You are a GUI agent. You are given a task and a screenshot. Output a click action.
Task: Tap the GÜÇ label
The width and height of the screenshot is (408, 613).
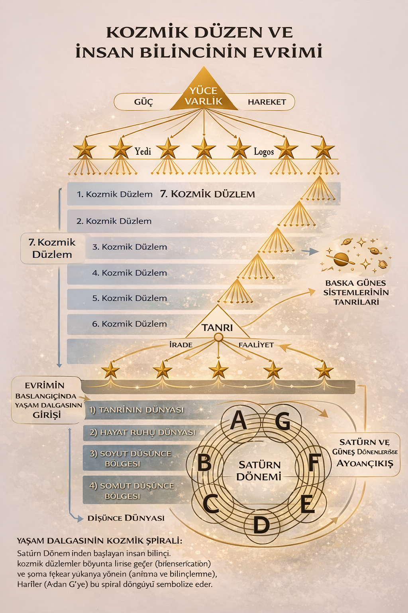coord(143,102)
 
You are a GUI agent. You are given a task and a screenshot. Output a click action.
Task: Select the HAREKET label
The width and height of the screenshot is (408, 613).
coord(267,102)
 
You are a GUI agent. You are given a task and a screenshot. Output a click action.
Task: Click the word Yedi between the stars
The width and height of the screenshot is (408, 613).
coord(143,151)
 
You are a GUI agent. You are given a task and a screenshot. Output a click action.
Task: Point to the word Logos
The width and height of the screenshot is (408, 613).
coord(264,152)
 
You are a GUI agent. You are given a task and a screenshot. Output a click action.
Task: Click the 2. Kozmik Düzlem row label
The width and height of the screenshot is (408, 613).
coord(114,221)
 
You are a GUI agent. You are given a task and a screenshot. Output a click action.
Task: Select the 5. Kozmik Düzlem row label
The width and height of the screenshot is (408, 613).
coord(129,298)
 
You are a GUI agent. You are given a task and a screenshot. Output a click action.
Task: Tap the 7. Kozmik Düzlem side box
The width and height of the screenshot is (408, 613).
coord(52,248)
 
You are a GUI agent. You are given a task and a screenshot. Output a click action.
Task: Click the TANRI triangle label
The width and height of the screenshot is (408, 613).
coord(217,328)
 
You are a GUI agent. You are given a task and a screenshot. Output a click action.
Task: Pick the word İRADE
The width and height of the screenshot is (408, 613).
coord(181,345)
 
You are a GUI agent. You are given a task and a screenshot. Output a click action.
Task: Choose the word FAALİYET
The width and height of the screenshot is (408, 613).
coord(256,345)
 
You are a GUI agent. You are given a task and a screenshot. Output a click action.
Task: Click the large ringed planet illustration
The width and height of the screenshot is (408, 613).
coord(342,259)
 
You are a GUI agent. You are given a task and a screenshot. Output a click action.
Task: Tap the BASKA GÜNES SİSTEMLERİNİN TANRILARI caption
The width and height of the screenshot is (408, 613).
coord(356,293)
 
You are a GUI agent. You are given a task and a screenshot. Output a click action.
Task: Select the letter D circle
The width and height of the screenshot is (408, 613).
coord(261,524)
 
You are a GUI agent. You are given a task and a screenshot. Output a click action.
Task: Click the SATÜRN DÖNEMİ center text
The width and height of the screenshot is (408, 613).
coord(259,471)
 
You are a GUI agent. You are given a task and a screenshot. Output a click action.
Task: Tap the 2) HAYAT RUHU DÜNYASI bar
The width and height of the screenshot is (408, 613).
coord(143,432)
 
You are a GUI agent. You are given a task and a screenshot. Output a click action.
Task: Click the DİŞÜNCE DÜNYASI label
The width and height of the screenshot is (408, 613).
coord(126,518)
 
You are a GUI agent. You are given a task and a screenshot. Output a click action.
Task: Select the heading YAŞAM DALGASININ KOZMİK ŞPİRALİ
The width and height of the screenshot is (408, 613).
coord(100,541)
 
